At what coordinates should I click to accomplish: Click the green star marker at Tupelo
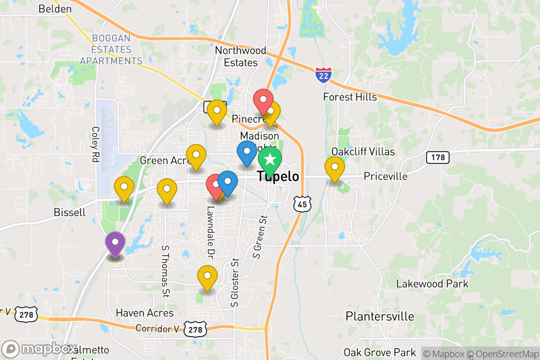coord(270,159)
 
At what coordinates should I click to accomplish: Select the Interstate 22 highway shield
coord(324,74)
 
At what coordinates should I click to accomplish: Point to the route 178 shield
coord(437,157)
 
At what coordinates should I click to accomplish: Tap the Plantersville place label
coord(379,316)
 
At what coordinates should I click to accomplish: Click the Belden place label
coord(55,9)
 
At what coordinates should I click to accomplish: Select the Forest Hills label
coord(350,97)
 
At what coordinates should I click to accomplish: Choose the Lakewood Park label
coord(432,284)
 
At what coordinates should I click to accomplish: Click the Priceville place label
coord(386,176)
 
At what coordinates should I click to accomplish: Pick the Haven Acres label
coord(144,313)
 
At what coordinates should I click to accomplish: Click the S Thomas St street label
coord(166,271)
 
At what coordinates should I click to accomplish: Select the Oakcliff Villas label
coord(363,152)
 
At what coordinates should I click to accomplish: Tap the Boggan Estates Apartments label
coord(111,49)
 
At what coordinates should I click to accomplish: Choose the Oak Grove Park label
coord(380,352)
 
